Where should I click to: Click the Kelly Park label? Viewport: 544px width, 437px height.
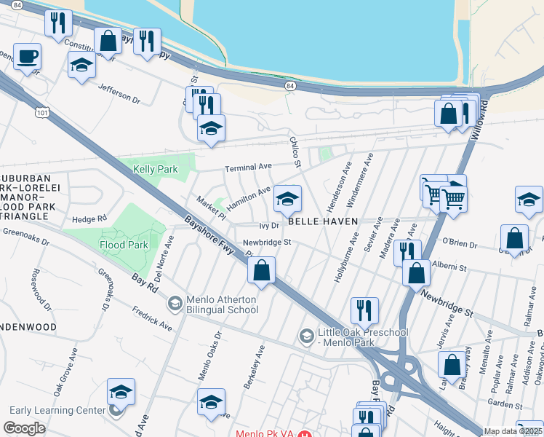[x=156, y=169]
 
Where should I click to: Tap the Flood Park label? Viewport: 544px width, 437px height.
[x=124, y=245]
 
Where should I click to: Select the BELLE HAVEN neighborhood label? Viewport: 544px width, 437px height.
[x=324, y=221]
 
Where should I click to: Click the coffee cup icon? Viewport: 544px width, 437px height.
[x=27, y=57]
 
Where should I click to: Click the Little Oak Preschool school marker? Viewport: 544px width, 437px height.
[x=306, y=335]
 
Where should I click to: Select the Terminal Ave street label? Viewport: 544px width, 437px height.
[x=247, y=168]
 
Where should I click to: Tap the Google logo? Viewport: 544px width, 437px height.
[x=24, y=428]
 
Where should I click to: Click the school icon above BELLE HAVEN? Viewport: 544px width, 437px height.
[x=287, y=199]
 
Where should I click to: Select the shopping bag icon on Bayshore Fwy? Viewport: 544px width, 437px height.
[x=261, y=270]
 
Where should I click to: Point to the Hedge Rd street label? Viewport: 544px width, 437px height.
[x=89, y=218]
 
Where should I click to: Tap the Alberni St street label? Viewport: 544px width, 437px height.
[x=449, y=267]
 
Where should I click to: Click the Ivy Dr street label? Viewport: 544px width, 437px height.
[x=269, y=226]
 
